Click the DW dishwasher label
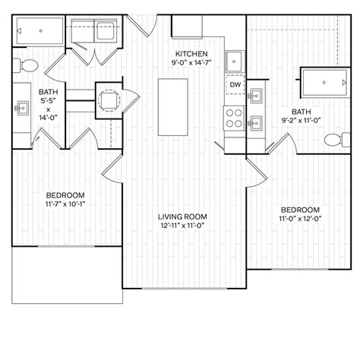click(235, 85)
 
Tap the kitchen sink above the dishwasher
click(235, 60)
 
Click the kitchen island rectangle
click(173, 107)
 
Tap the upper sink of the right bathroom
click(257, 96)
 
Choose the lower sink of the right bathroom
click(257, 122)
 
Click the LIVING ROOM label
click(183, 216)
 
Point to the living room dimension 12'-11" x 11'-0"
click(183, 226)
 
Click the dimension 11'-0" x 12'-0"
click(300, 220)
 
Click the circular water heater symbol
click(108, 100)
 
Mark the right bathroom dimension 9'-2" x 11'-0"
click(302, 120)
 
